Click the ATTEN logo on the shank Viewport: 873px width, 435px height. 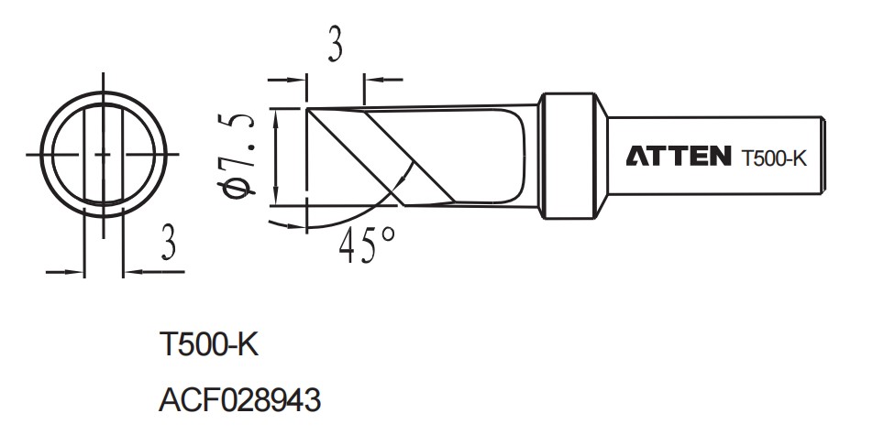pos(680,157)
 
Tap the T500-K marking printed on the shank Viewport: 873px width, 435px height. pos(773,158)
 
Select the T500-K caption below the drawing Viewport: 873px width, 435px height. pos(210,346)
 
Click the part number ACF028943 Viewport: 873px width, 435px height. pos(239,399)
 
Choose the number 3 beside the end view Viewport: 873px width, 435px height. pos(168,245)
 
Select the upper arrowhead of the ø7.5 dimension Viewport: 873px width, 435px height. pos(276,113)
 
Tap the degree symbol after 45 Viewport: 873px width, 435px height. pos(389,234)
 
